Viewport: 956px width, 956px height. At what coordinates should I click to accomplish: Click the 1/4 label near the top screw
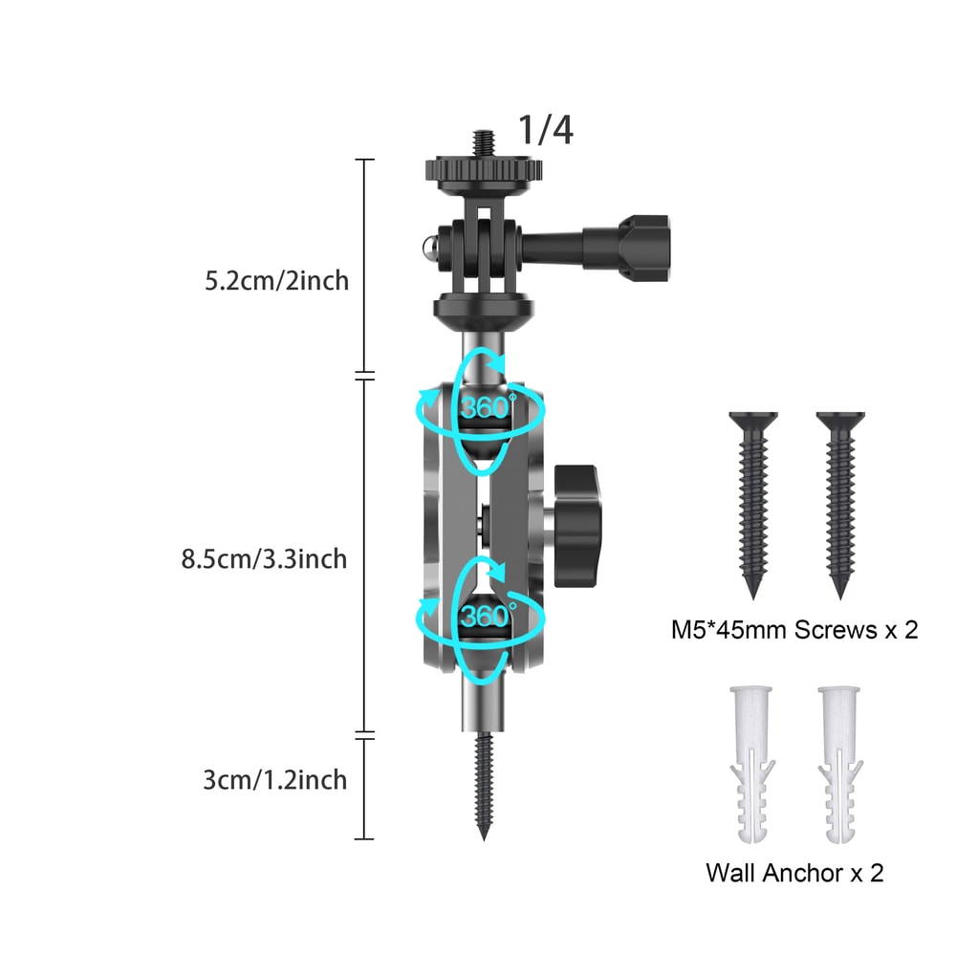tap(546, 130)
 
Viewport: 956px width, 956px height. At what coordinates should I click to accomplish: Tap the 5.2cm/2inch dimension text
tap(277, 281)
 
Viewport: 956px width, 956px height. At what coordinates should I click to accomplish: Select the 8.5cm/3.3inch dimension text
tap(264, 558)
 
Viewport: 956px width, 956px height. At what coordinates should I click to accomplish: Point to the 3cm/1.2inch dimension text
tap(275, 780)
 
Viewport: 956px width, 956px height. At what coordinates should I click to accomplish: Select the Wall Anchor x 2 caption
tap(794, 872)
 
